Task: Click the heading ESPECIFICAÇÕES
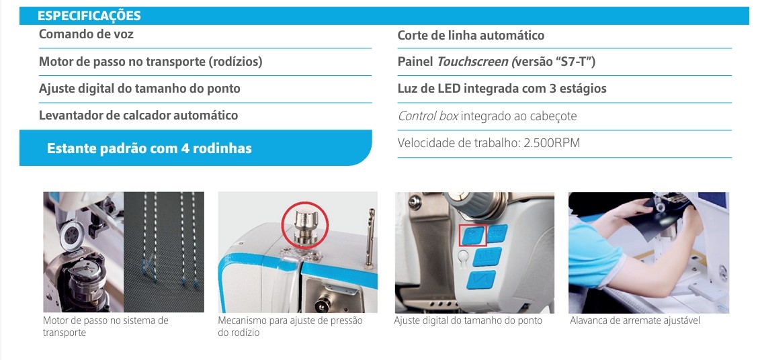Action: tap(89, 16)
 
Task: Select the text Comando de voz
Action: tap(86, 34)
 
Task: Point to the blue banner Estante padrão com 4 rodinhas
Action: tap(196, 148)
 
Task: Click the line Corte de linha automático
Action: tap(471, 36)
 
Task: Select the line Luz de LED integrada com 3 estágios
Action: tap(502, 89)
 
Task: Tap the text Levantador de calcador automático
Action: tap(138, 116)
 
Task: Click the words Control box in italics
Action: tap(428, 116)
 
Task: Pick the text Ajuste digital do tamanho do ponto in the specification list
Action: tap(139, 89)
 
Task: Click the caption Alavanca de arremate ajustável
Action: tap(635, 320)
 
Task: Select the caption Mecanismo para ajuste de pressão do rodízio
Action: tap(290, 326)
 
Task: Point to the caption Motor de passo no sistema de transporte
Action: tap(106, 326)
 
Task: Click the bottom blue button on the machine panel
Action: tap(482, 280)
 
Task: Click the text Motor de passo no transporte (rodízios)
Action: tap(151, 62)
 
